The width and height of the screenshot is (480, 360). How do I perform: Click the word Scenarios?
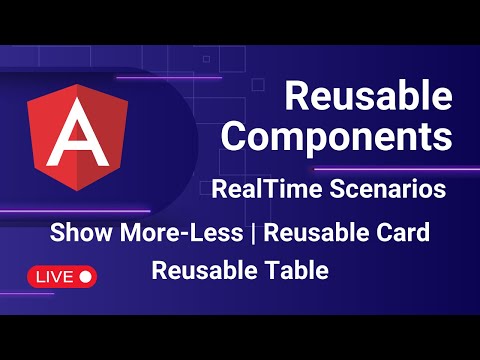(379, 187)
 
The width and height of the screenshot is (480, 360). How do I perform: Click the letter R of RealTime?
(219, 187)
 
